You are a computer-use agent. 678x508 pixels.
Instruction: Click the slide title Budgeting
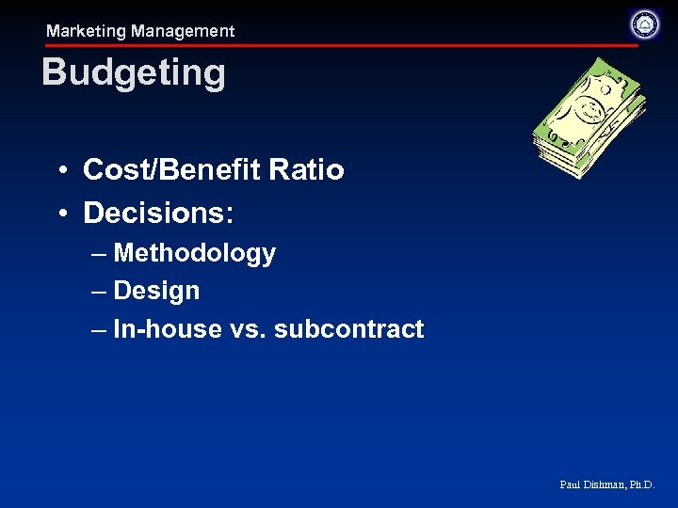click(134, 73)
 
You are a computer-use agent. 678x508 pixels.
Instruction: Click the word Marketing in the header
click(86, 31)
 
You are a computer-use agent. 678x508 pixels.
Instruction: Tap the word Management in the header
click(183, 31)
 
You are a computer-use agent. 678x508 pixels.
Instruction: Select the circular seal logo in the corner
click(644, 24)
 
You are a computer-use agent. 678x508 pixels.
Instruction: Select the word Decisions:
click(158, 213)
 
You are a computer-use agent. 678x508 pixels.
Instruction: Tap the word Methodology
click(194, 253)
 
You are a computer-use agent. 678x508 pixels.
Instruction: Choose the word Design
click(156, 291)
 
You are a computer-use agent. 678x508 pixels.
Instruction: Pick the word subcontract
click(348, 329)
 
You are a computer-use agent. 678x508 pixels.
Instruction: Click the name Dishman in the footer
click(604, 484)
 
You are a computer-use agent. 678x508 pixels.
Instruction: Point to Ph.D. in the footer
click(641, 484)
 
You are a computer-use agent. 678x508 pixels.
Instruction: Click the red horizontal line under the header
click(339, 45)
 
